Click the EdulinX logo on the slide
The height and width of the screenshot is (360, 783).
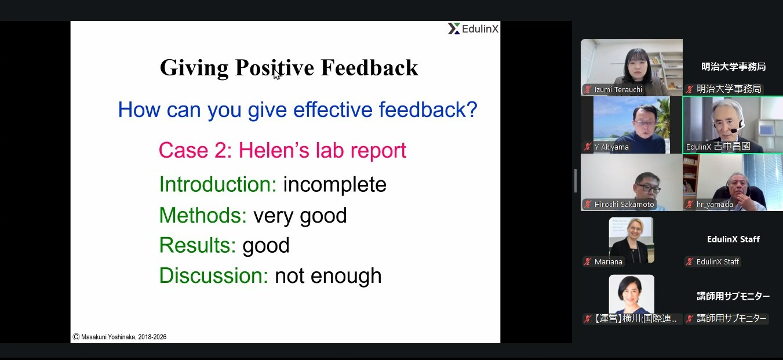[x=474, y=28]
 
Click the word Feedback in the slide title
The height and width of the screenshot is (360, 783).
[x=369, y=67]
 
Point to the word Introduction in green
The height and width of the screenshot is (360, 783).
[x=218, y=184]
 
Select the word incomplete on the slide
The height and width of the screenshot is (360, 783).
[x=334, y=185]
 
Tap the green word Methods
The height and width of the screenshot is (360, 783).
[x=203, y=215]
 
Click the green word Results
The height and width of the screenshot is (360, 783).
[x=198, y=245]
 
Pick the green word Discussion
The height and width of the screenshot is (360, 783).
[x=214, y=275]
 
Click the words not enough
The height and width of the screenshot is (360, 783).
[x=328, y=276]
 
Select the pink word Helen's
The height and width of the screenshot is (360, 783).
[x=274, y=150]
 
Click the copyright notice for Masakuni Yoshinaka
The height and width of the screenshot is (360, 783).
[x=119, y=337]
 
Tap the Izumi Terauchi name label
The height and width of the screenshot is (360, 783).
[x=618, y=89]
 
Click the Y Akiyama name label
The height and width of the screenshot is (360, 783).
[x=611, y=147]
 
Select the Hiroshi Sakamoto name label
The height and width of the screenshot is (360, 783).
[x=624, y=205]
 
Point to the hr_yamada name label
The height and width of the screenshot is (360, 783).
[x=715, y=205]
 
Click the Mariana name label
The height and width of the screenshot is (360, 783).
[x=608, y=262]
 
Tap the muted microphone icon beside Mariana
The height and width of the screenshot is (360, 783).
[x=588, y=262]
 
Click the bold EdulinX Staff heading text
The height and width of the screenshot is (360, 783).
[x=733, y=239]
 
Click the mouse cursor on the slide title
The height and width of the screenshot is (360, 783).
[x=277, y=74]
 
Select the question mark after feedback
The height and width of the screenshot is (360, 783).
[x=472, y=110]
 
